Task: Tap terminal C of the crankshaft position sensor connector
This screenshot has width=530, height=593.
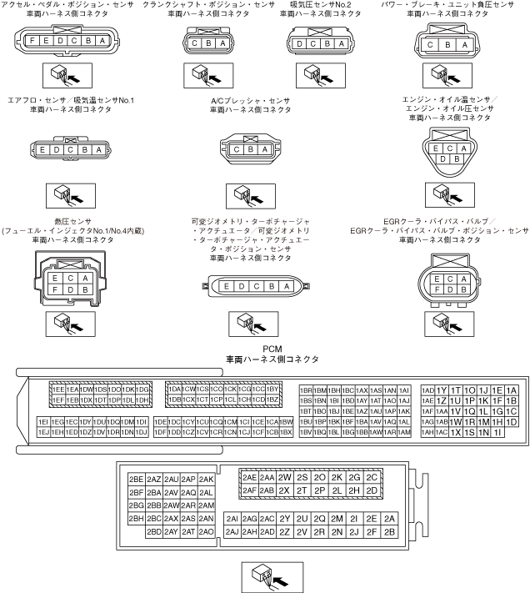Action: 195,44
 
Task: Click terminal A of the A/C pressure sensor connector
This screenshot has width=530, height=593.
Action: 265,149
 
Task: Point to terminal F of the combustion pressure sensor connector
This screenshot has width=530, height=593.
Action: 55,289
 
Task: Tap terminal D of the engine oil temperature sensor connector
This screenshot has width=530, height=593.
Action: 440,158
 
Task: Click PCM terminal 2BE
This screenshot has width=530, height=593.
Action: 136,480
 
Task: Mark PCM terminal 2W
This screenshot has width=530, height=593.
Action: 284,478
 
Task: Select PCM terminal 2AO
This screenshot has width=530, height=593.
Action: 207,531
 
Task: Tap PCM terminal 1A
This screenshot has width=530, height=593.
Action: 512,390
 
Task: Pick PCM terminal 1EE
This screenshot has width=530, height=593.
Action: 58,389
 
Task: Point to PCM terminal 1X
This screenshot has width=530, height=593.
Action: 456,432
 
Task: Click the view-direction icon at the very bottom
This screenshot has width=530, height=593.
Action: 264,575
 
